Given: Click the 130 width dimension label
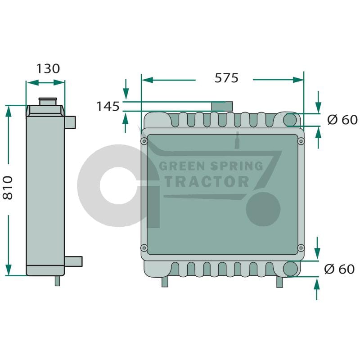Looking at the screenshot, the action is point(48,69).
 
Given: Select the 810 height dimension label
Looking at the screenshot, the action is point(8,188).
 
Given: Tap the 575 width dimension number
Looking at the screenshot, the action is point(226,78).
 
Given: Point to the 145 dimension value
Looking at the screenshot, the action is point(108,106).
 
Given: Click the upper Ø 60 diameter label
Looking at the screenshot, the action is point(342,120).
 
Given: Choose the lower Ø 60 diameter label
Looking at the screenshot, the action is point(339,269).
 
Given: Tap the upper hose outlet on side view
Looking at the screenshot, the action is point(70,122).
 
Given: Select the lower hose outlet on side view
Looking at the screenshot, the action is point(73,261).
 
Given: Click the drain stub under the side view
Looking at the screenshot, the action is point(58,281).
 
